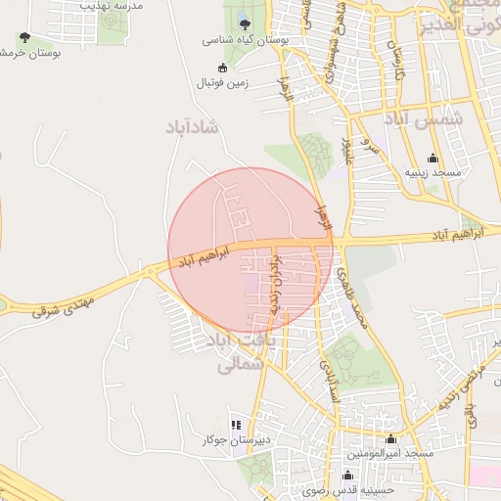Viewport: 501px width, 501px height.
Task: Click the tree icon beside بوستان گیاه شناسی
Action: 243,23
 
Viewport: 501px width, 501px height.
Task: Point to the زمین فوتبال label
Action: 226,83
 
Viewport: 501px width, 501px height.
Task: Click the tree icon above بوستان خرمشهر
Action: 24,37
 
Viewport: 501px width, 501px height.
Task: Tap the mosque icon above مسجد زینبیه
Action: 433,158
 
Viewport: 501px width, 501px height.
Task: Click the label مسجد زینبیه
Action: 433,172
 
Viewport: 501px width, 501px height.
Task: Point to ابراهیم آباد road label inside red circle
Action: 204,257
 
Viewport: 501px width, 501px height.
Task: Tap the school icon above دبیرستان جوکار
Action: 236,425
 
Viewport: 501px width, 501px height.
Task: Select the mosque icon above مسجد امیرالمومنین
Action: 391,438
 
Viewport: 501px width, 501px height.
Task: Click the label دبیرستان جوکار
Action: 235,440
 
